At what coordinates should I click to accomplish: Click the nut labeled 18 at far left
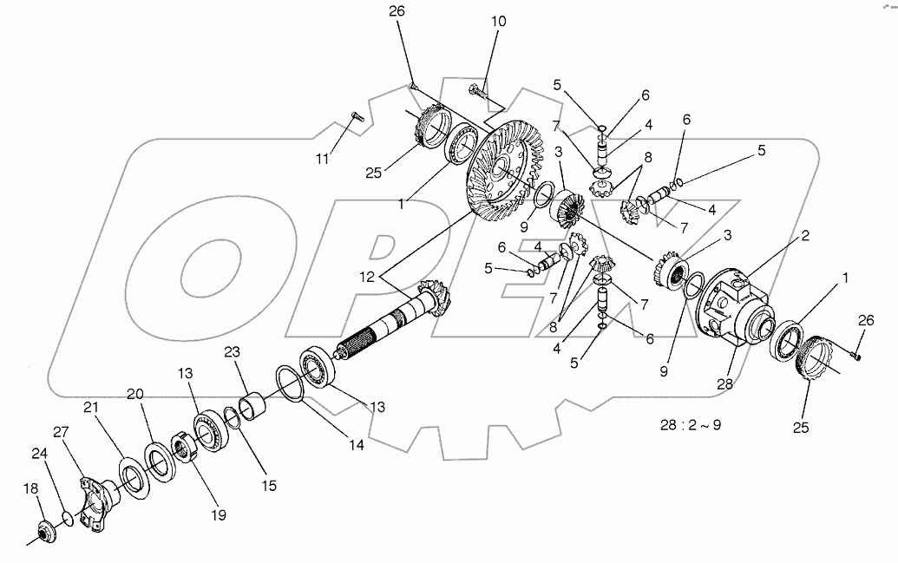[44, 533]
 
